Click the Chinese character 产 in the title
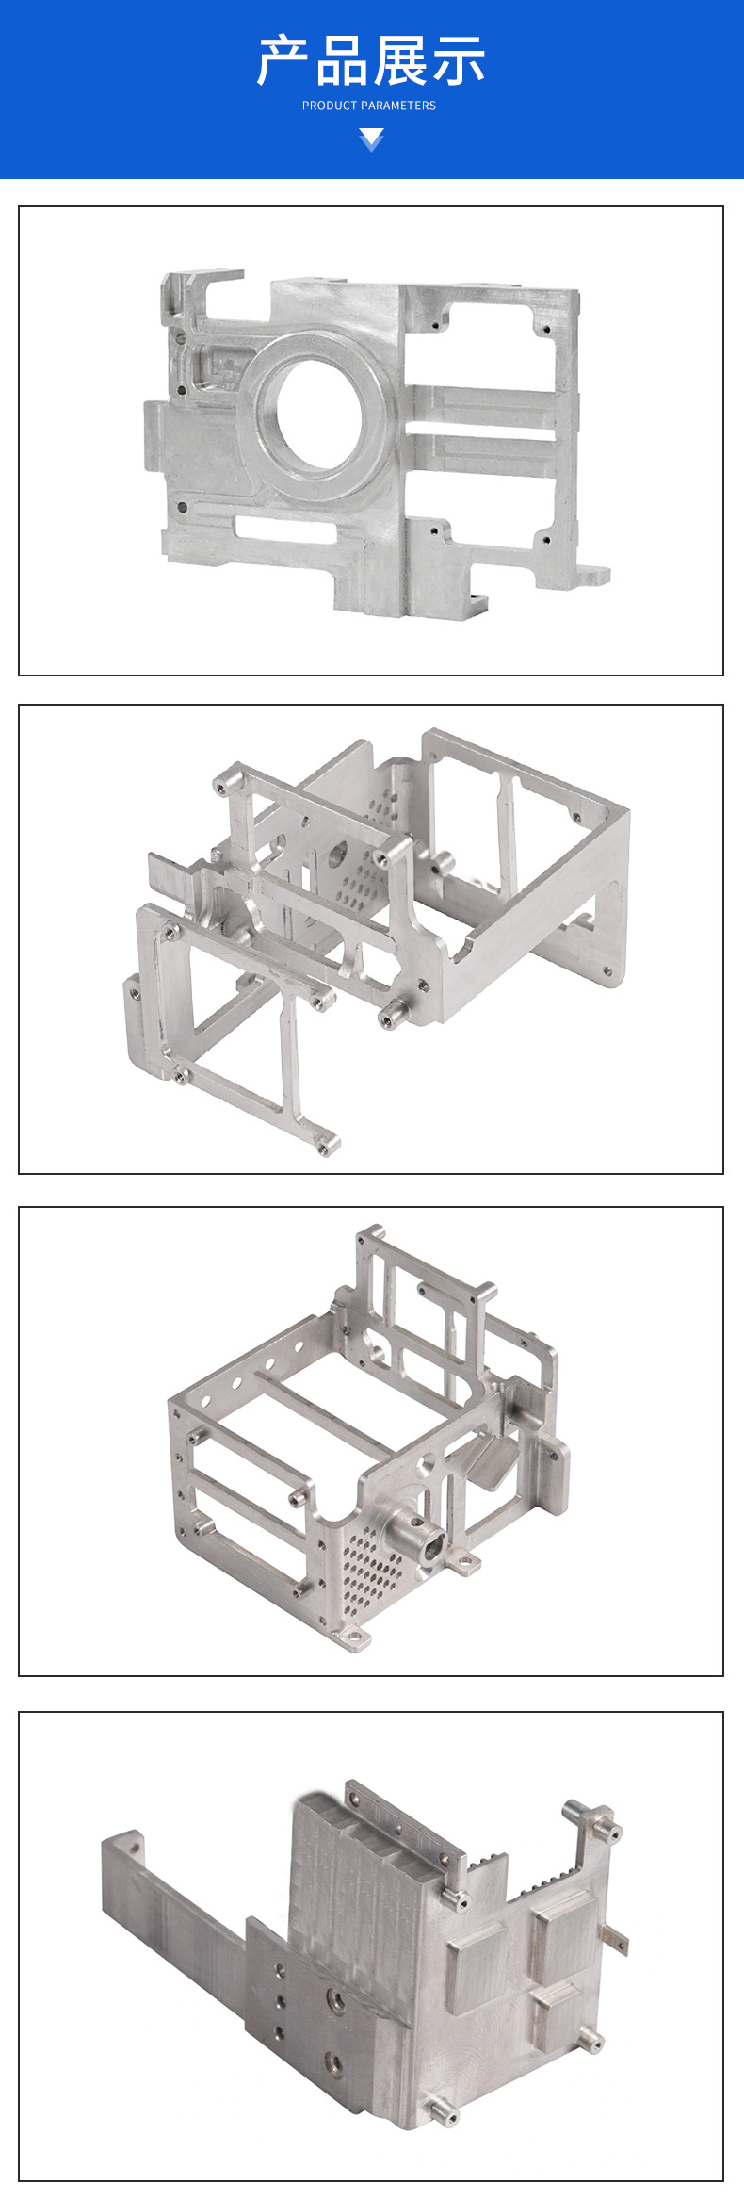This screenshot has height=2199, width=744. coord(283,61)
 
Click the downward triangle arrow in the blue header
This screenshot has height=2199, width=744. coord(372,140)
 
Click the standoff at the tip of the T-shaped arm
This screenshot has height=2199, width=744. coord(328,1144)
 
